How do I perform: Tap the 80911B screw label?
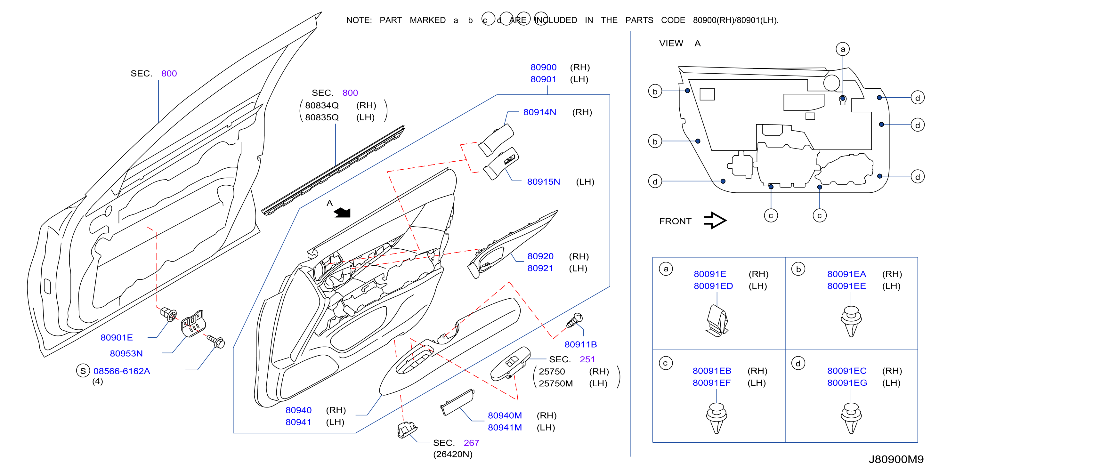click(580, 344)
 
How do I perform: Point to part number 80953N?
click(126, 353)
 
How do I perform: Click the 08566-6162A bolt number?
click(121, 371)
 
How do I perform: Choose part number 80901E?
click(116, 338)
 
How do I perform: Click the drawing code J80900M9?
click(896, 459)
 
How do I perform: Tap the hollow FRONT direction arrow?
click(715, 221)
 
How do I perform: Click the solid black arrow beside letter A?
click(343, 213)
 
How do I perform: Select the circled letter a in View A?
click(843, 49)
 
